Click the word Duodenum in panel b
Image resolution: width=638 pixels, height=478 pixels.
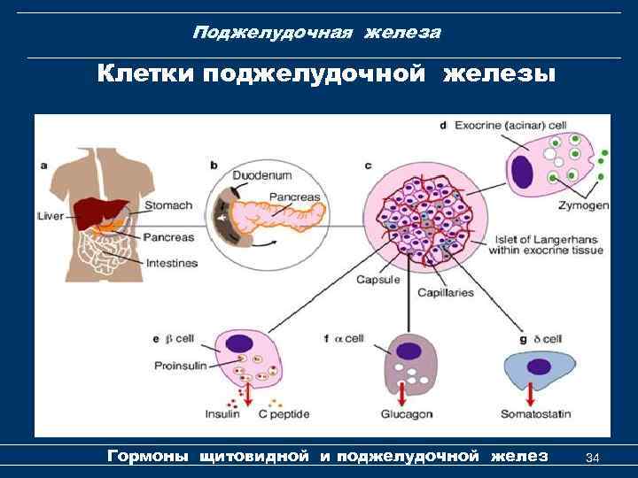tap(261, 175)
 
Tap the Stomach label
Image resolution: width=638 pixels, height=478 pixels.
tap(167, 205)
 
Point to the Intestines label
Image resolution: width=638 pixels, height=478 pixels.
tap(171, 263)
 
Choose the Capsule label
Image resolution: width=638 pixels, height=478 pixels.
tap(377, 280)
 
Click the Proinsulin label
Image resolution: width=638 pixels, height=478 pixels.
tap(182, 366)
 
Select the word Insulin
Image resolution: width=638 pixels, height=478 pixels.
tap(222, 413)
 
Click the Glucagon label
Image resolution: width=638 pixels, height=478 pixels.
tap(406, 413)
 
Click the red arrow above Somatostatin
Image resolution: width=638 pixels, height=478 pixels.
tap(530, 391)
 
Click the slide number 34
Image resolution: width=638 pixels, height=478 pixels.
tap(594, 458)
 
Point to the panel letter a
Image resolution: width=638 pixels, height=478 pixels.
tap(44, 164)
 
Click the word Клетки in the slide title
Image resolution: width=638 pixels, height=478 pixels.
tap(146, 72)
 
